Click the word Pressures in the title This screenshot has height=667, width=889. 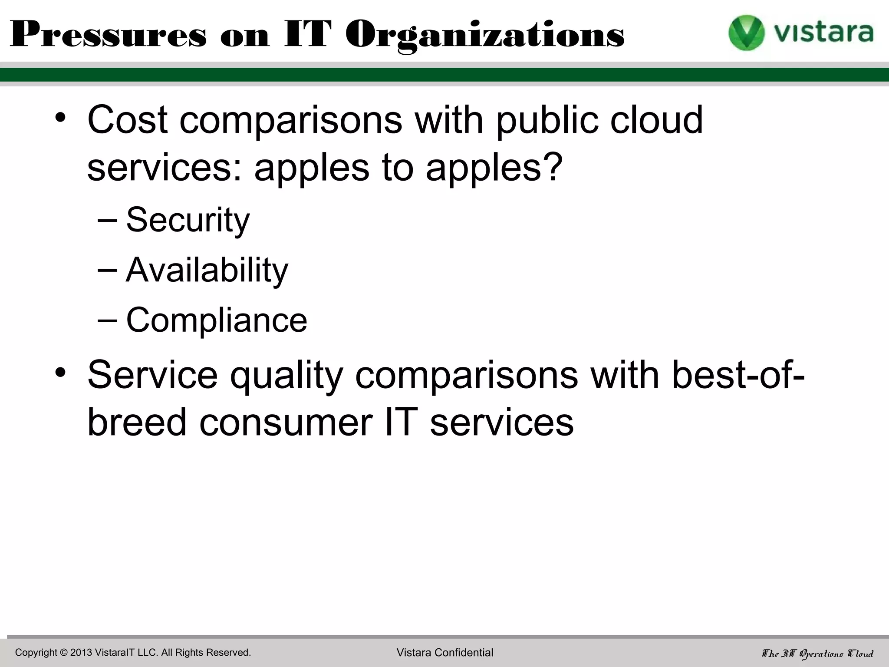click(108, 35)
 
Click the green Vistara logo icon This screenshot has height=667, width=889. click(746, 33)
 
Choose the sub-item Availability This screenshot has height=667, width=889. click(207, 270)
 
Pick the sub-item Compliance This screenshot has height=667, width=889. click(217, 320)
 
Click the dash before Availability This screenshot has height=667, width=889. click(107, 270)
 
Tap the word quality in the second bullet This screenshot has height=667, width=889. click(286, 376)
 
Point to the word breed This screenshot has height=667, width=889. click(137, 422)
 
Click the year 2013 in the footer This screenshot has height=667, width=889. click(81, 652)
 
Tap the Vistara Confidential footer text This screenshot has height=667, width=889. click(445, 652)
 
